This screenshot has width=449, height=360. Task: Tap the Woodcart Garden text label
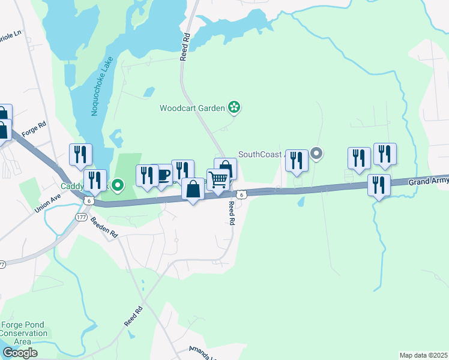[192, 109]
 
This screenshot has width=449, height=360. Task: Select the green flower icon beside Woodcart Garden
[234, 108]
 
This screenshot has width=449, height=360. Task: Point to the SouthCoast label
[261, 154]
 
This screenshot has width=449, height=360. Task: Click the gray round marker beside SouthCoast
[317, 154]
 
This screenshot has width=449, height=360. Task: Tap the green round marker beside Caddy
[118, 187]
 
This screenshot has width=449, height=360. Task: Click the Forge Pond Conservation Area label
[23, 333]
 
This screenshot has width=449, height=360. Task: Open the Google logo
[19, 353]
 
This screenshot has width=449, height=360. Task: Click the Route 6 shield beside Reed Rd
[241, 194]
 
